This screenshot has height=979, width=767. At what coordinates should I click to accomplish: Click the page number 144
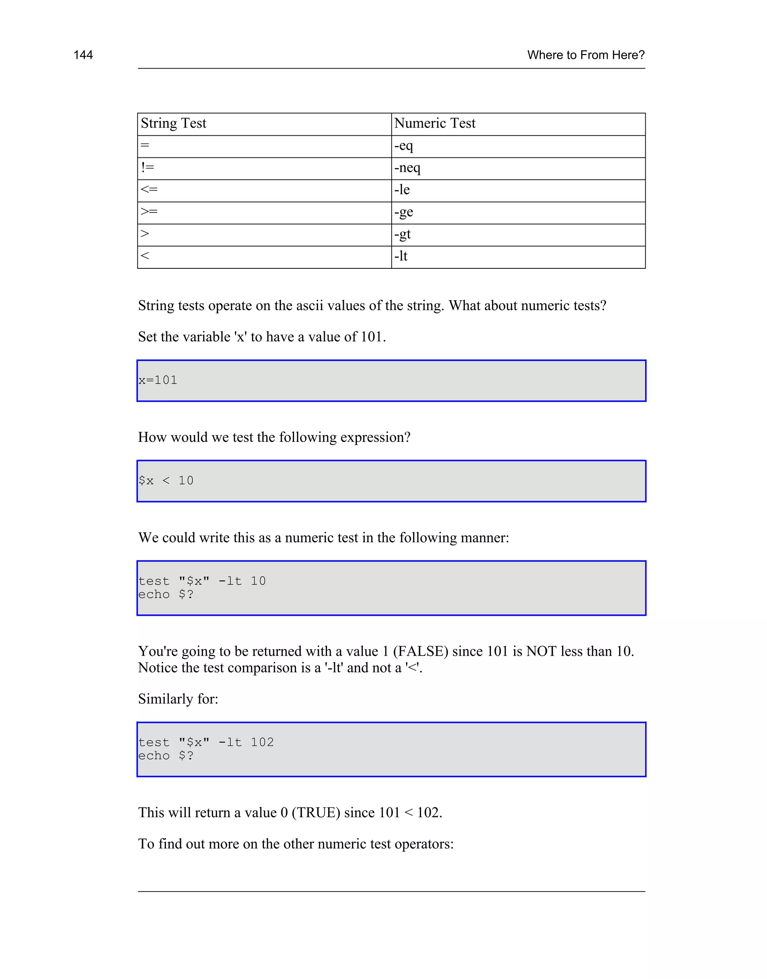(83, 55)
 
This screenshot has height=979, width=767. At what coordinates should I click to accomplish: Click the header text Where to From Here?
(586, 55)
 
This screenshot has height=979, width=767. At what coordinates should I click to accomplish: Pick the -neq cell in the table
(407, 168)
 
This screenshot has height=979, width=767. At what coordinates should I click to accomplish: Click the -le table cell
(402, 190)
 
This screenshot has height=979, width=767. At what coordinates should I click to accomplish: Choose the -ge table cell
(403, 212)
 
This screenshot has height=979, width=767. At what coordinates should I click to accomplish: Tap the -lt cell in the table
(401, 256)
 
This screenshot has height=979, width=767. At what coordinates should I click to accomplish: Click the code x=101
(158, 380)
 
